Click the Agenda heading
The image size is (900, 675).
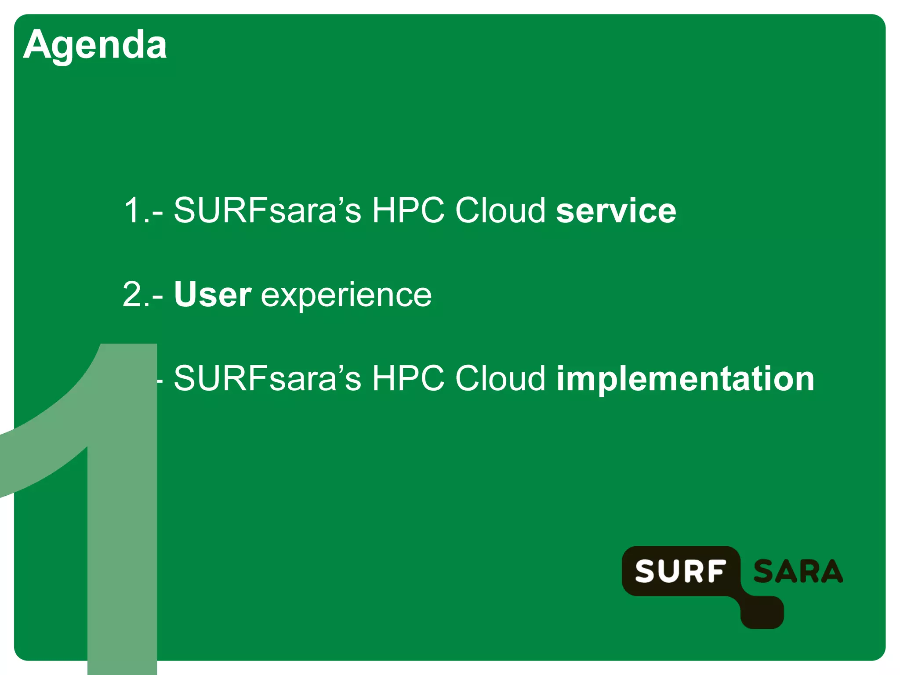pos(95,45)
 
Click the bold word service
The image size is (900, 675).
pos(616,210)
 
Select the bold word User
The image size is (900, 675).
pos(213,294)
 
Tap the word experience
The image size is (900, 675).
pos(346,295)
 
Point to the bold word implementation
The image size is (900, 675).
pos(685,379)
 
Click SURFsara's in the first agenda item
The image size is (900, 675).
pos(267,210)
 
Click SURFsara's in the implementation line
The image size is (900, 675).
pos(267,379)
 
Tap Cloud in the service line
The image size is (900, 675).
pos(500,210)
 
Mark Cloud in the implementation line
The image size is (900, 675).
pos(500,379)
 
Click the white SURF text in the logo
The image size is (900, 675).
pos(681,571)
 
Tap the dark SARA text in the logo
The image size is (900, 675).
pos(798,571)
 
